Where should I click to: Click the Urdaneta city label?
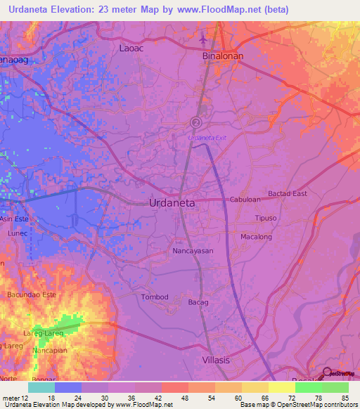click(x=172, y=202)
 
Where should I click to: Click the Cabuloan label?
click(x=245, y=200)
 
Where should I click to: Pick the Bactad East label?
click(x=288, y=193)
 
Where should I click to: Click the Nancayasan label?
click(x=192, y=250)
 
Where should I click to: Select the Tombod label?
click(x=155, y=297)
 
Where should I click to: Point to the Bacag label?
click(x=198, y=302)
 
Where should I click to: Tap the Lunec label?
click(x=16, y=231)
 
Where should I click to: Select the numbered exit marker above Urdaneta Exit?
click(x=195, y=122)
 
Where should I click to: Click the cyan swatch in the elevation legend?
click(x=41, y=387)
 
